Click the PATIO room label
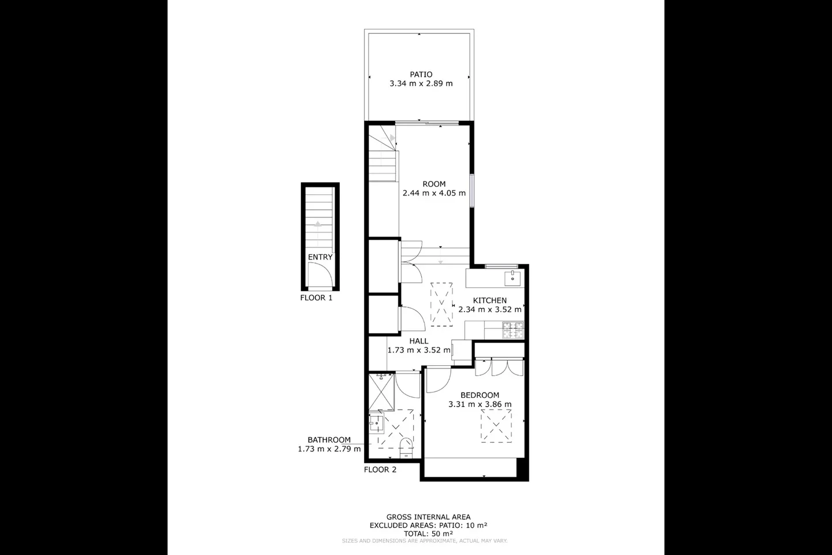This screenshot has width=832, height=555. point(421,75)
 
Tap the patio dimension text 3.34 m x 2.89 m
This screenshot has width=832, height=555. point(421,83)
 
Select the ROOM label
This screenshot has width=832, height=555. point(434,184)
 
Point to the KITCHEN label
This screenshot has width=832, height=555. point(489,301)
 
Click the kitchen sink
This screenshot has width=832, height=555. point(512,279)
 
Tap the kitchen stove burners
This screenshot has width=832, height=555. point(513,330)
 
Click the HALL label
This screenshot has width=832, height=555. point(418,341)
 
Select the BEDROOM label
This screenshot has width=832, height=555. point(480,395)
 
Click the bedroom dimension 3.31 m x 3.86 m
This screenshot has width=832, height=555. point(480,404)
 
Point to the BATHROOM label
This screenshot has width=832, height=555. point(329,440)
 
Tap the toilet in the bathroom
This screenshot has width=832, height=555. point(406,448)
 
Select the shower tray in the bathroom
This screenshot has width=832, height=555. point(381,393)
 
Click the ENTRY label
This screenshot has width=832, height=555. point(320,257)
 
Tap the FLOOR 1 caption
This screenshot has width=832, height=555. point(316,298)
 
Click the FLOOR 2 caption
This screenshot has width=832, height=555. point(380,469)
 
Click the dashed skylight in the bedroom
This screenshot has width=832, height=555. point(496,426)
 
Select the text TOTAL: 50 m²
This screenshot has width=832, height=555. point(428,534)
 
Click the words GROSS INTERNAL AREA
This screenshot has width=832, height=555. point(428,517)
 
